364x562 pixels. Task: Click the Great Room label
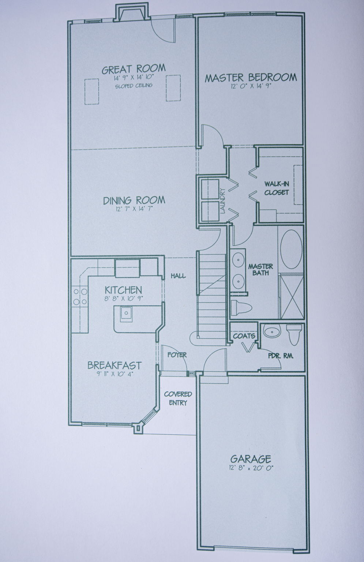click(134, 69)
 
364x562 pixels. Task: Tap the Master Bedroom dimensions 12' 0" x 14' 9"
click(251, 86)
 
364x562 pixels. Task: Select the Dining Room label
click(134, 200)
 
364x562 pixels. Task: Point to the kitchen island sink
click(126, 314)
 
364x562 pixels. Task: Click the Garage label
click(251, 459)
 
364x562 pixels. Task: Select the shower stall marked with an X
click(292, 297)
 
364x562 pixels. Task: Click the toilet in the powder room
click(294, 334)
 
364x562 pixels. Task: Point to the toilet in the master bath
click(241, 307)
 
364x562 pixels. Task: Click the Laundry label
click(223, 201)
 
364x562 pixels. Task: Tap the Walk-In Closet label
click(277, 188)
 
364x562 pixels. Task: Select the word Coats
click(244, 336)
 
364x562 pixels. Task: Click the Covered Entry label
click(178, 398)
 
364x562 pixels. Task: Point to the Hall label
click(179, 276)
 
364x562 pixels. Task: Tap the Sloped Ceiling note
click(134, 86)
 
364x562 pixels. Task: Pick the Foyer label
click(177, 355)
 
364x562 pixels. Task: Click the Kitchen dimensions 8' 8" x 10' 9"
click(123, 299)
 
